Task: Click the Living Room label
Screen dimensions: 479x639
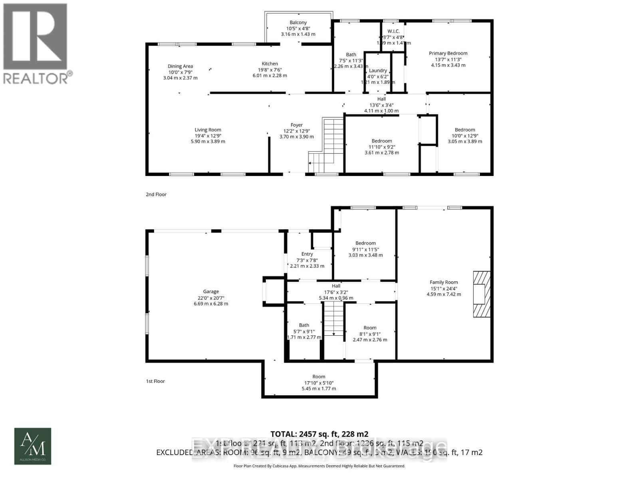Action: (x=208, y=130)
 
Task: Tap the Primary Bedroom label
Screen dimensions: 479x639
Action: (x=448, y=53)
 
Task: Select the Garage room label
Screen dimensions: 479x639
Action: (x=210, y=292)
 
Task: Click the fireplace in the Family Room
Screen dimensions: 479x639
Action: (x=481, y=294)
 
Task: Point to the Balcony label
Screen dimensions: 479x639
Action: (x=298, y=23)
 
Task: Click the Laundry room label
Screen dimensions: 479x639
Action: (x=378, y=71)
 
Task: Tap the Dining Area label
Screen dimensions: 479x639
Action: (x=180, y=66)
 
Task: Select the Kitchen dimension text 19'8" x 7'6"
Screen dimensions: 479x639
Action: (x=270, y=69)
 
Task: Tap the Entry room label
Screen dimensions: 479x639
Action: (x=307, y=254)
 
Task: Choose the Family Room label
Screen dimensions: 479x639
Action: (x=443, y=282)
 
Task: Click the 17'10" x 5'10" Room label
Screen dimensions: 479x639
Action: (x=319, y=377)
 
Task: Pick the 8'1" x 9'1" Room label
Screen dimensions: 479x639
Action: (x=370, y=328)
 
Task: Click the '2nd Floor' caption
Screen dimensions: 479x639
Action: (x=156, y=194)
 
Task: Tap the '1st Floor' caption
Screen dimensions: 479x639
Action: (x=155, y=381)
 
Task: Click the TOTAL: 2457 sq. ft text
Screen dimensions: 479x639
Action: (x=319, y=434)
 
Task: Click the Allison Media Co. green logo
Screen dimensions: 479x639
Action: (x=33, y=446)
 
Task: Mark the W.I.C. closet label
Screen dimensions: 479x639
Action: (x=393, y=32)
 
